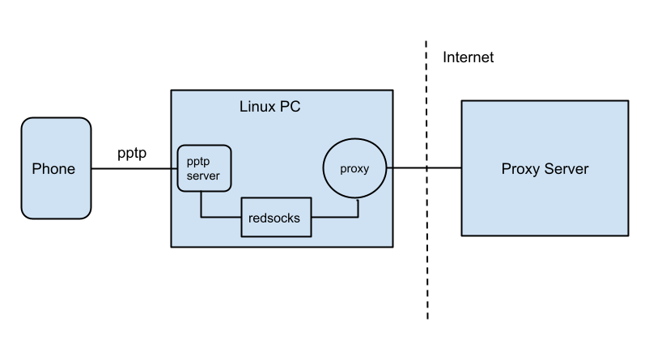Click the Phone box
(56, 194)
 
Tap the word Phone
(53, 169)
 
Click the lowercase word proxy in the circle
(354, 169)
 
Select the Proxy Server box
(545, 202)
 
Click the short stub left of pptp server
(175, 168)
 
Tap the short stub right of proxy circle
(388, 168)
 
